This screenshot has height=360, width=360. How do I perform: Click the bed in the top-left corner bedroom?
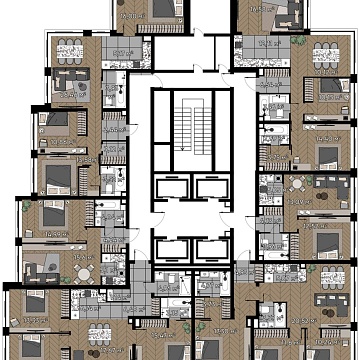pos(160,10)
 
